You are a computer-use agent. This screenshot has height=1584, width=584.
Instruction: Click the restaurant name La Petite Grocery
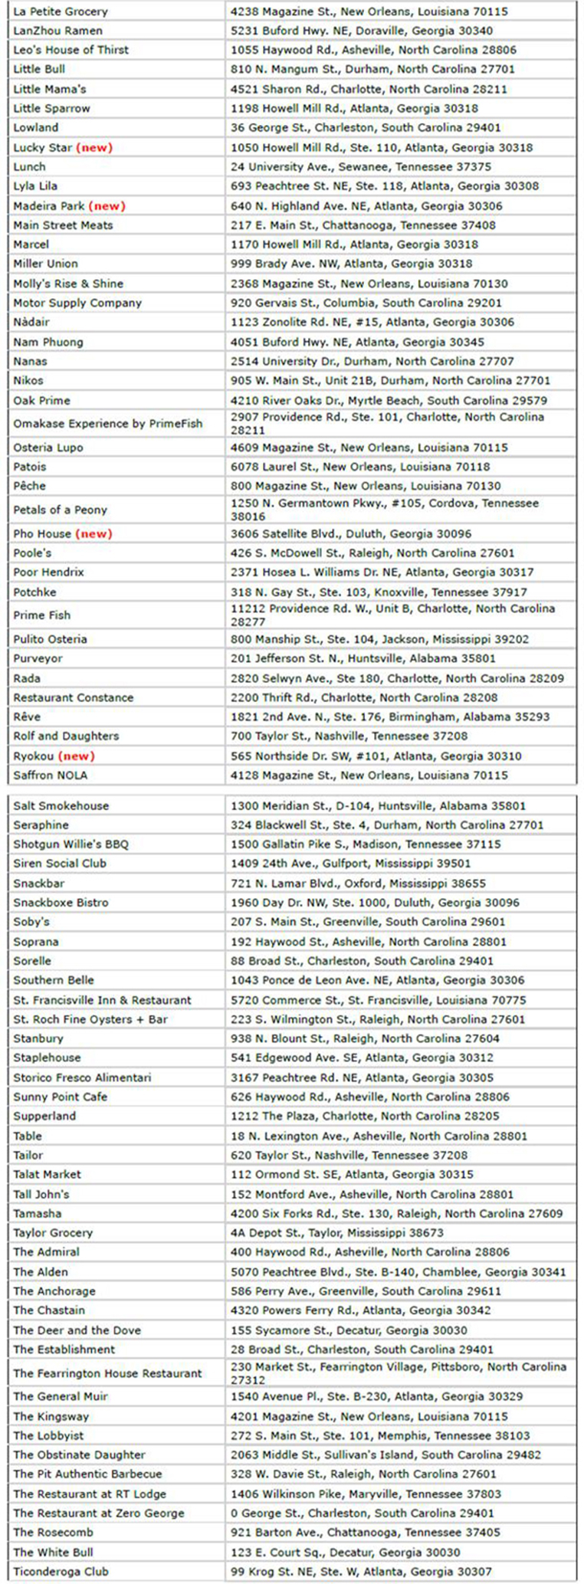(61, 11)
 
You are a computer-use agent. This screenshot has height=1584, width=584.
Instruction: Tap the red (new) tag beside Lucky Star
(95, 147)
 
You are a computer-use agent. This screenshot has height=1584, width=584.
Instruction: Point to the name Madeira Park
(48, 205)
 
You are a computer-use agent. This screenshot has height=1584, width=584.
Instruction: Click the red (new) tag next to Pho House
(95, 533)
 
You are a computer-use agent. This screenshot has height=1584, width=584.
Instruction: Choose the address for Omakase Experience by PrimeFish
(387, 423)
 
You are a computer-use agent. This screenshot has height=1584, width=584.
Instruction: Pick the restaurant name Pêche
(29, 486)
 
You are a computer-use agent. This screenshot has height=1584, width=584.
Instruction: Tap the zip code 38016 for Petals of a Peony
(248, 517)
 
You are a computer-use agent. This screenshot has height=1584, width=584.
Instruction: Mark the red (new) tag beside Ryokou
(77, 756)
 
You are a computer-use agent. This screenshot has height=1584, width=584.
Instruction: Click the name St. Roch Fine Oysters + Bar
(90, 1019)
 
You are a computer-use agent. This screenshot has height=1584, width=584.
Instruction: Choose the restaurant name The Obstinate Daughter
(79, 1454)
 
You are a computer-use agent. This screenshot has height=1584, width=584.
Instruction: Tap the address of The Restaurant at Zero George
(362, 1513)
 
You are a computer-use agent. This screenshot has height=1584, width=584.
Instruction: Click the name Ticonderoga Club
(61, 1571)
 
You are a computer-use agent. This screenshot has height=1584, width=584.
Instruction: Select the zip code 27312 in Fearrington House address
(248, 1379)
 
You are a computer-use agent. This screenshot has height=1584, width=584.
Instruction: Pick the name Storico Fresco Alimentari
(82, 1077)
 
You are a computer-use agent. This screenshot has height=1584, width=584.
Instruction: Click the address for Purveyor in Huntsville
(363, 658)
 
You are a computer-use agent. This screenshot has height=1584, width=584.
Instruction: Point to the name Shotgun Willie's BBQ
(71, 844)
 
